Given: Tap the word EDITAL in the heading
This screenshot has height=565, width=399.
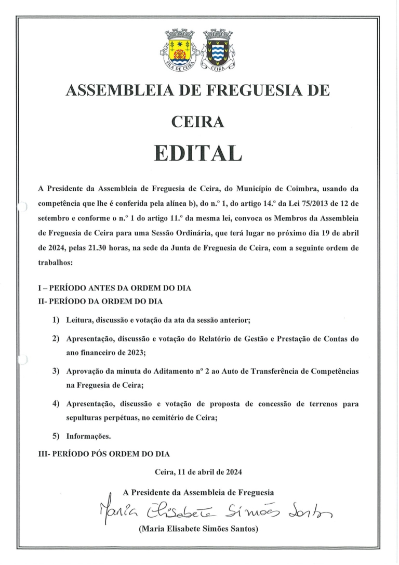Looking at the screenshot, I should click(198, 153).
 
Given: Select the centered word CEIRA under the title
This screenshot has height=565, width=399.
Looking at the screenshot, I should click(198, 122).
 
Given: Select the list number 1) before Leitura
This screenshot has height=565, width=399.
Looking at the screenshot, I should click(55, 319).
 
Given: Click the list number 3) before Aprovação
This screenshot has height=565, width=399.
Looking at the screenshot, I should click(55, 372).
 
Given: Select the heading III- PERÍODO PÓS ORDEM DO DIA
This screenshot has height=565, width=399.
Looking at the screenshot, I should click(104, 453).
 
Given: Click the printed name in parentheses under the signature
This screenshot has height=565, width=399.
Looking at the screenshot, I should click(198, 530).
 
